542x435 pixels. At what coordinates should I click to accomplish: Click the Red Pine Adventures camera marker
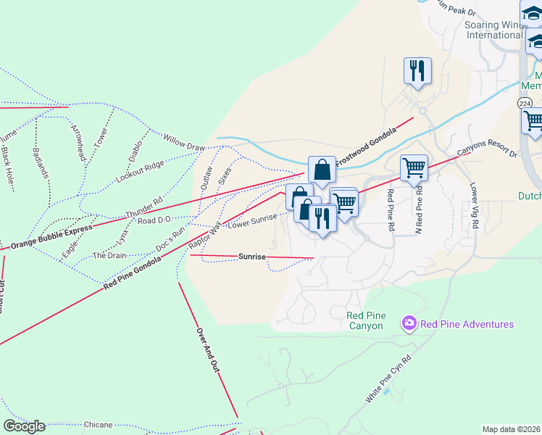pyautogui.click(x=409, y=323)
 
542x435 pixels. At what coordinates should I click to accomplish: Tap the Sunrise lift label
pyautogui.click(x=252, y=257)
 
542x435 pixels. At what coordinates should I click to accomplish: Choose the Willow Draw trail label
pyautogui.click(x=184, y=142)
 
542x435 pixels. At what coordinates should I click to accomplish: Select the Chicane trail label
pyautogui.click(x=98, y=424)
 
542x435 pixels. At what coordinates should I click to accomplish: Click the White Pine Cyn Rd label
pyautogui.click(x=388, y=379)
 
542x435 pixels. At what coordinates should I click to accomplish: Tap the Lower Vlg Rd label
pyautogui.click(x=475, y=206)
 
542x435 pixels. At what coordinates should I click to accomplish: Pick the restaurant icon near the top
pyautogui.click(x=417, y=71)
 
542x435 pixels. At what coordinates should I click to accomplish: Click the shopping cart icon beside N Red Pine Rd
pyautogui.click(x=414, y=168)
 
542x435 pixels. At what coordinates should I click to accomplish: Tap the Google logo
pyautogui.click(x=25, y=426)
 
